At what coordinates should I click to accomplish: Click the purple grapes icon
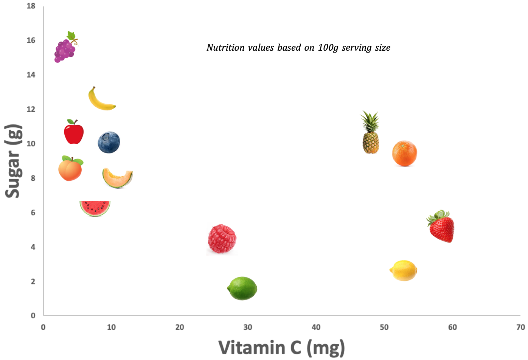tap(64, 50)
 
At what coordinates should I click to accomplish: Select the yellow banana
tap(100, 101)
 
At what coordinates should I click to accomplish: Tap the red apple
tap(74, 133)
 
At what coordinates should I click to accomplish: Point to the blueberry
tap(109, 143)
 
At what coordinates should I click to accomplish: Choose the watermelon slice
tap(95, 208)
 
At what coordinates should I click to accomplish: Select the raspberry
tap(222, 239)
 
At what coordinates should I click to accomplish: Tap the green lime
tap(242, 289)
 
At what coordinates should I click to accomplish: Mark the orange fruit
tap(404, 154)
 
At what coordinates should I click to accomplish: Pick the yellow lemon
tap(404, 271)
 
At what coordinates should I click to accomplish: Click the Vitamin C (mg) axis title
tap(282, 348)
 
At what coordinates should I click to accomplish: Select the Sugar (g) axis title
tap(13, 161)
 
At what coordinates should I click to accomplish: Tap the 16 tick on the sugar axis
tap(31, 40)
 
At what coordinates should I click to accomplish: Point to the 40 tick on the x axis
tap(316, 327)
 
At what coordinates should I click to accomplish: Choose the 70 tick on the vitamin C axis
tap(520, 327)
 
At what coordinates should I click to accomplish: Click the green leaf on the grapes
tap(71, 36)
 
